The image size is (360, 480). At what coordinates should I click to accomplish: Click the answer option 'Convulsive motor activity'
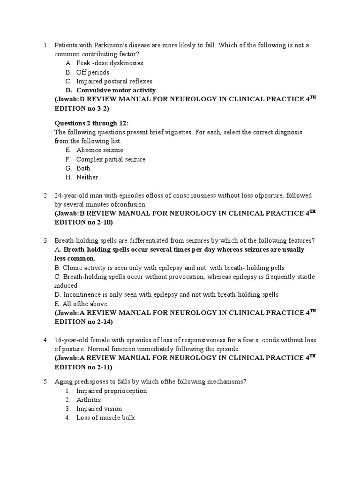click(116, 90)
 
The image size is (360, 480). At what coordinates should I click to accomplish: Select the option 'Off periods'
click(93, 72)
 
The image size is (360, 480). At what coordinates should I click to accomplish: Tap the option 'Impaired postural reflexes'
click(114, 81)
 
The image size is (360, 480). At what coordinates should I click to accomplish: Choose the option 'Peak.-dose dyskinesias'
click(110, 63)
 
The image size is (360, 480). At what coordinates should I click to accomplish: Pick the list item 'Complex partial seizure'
click(111, 159)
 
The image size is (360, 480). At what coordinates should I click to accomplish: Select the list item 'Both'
click(83, 168)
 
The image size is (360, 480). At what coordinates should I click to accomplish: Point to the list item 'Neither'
click(87, 177)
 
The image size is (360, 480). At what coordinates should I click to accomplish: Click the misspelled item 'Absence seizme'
click(99, 150)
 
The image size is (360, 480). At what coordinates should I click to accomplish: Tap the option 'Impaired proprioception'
click(111, 390)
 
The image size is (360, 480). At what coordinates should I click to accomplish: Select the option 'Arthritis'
click(89, 400)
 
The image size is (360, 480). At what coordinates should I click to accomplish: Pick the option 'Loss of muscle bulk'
click(105, 418)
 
